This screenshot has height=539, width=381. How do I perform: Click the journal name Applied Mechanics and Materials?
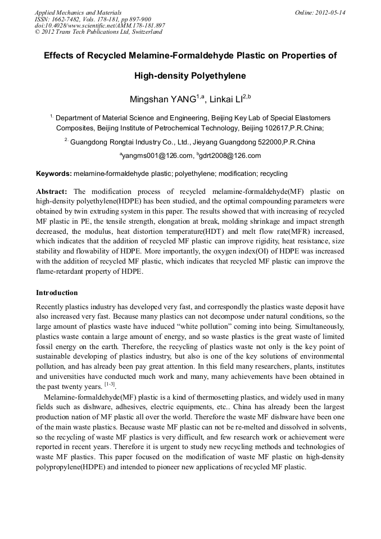(78, 12)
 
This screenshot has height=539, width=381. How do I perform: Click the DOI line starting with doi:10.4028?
(99, 25)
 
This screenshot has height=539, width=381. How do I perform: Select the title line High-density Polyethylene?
(190, 75)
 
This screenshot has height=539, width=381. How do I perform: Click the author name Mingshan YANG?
(162, 99)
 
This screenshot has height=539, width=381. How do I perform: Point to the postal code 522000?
(266, 142)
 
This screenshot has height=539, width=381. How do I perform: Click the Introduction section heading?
(57, 293)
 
